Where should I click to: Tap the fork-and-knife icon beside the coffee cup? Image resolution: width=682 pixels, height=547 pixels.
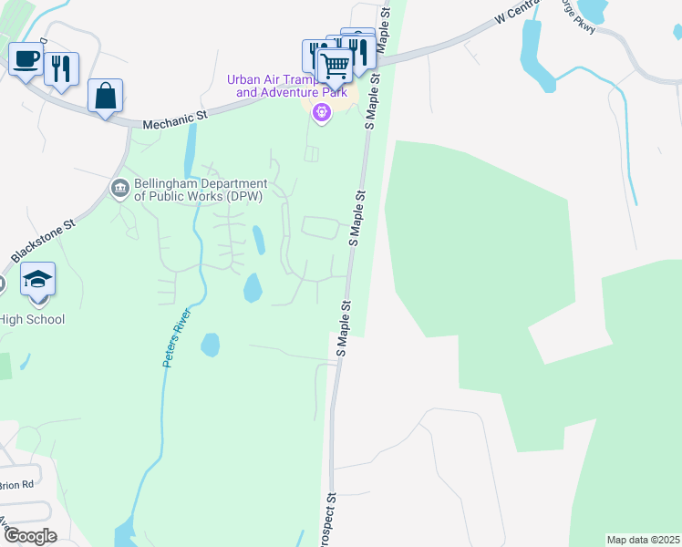(x=61, y=68)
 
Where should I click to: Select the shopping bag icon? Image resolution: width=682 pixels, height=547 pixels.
(x=106, y=96)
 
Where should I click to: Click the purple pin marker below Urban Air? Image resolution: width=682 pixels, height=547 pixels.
(x=320, y=113)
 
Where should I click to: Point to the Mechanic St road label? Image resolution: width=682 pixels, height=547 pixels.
(x=176, y=117)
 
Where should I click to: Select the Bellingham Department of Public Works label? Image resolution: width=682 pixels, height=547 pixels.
(x=200, y=189)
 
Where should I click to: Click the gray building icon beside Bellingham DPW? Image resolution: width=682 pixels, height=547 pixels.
(x=119, y=189)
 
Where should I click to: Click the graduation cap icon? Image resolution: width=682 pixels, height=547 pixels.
(x=37, y=279)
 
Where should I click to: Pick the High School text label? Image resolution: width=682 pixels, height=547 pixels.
(x=33, y=319)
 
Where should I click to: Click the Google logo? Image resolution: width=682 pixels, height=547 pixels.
(x=29, y=536)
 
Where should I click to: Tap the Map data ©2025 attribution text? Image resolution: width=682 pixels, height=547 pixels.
(x=643, y=540)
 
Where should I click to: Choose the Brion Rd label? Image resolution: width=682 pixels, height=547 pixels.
(x=16, y=484)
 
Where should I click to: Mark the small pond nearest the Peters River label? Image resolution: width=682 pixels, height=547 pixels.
(x=210, y=345)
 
